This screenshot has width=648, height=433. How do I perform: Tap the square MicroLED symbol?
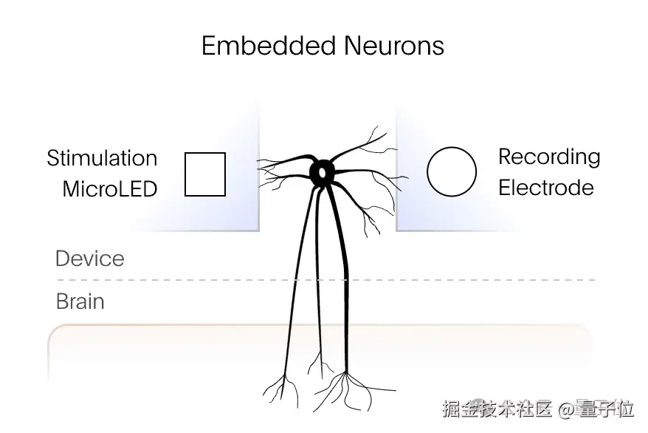(x=204, y=174)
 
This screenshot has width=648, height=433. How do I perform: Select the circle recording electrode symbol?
(x=452, y=172)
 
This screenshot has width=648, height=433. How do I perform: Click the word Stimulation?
(x=102, y=158)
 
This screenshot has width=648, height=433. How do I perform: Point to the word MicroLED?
(x=110, y=188)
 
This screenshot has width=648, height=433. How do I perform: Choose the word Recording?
(x=549, y=157)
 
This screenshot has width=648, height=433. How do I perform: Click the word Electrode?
(x=545, y=187)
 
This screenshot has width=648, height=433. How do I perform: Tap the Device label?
(x=89, y=259)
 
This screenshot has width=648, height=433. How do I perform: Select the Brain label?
(x=80, y=301)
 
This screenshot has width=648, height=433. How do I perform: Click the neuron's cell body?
(x=323, y=171)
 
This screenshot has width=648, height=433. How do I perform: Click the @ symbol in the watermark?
(x=566, y=409)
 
